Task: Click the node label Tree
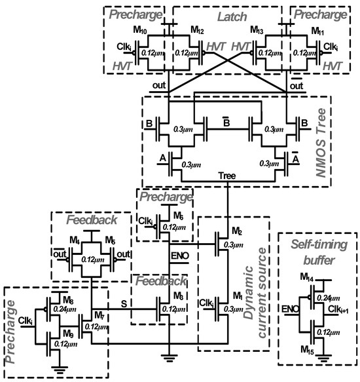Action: point(226,176)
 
